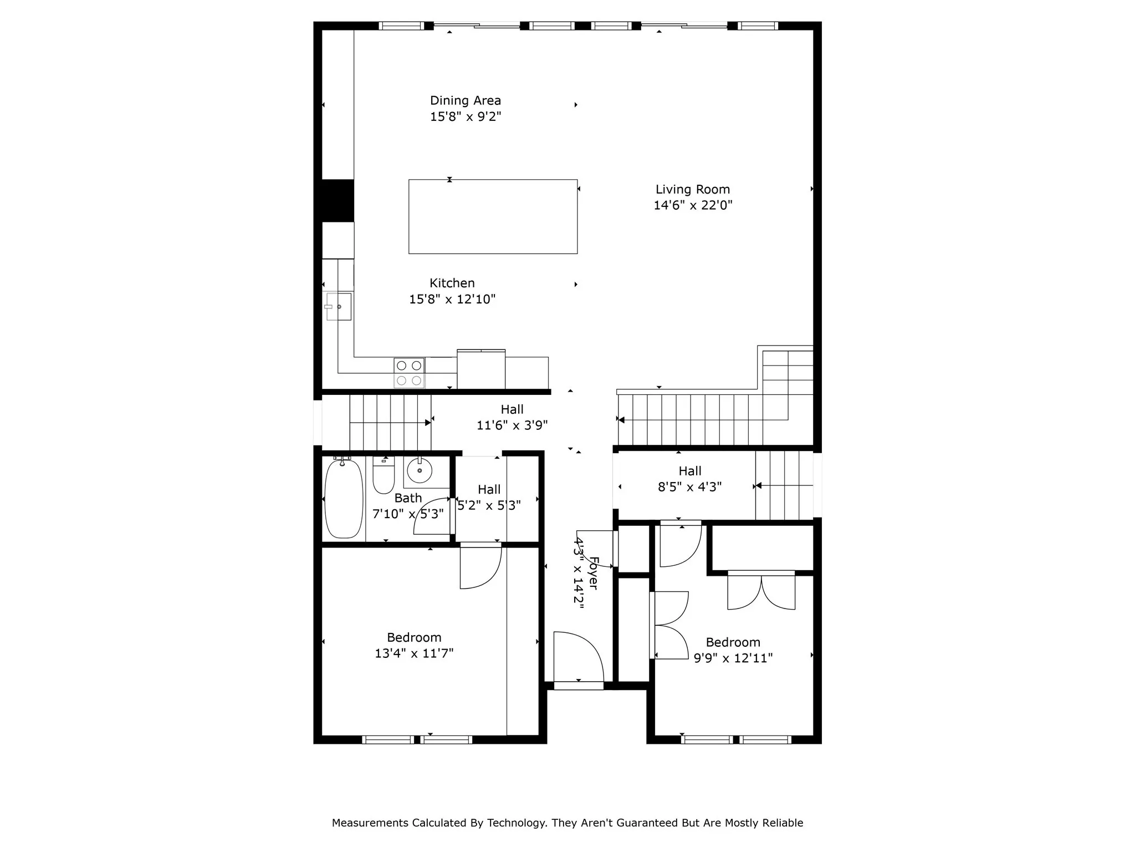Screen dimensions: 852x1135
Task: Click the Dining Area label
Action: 465,101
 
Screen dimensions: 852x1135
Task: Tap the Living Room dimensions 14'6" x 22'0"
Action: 693,205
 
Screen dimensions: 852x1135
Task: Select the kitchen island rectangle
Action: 493,216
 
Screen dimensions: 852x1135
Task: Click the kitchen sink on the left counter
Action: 339,307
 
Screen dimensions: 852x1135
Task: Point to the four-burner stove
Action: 409,373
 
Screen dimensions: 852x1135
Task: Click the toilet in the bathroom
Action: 384,476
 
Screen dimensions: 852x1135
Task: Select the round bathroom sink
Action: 420,471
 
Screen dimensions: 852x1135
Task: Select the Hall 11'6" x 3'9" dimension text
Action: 512,425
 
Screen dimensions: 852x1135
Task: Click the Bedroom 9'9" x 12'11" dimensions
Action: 733,658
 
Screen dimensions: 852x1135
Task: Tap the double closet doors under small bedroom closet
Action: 761,592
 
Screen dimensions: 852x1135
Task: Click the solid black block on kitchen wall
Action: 338,200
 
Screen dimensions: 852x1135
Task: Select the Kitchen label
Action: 452,283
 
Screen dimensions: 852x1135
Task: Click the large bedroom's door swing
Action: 480,569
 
